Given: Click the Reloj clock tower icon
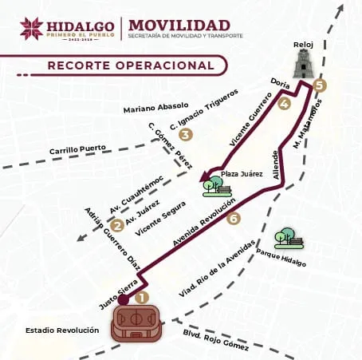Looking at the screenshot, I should click(303, 63).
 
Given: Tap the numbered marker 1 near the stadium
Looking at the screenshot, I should click(142, 297).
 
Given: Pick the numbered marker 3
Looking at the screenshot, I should click(186, 135).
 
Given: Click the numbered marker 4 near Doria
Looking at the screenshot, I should click(285, 103).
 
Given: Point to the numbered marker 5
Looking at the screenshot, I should click(320, 85).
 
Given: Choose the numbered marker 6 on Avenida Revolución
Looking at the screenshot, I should click(233, 218).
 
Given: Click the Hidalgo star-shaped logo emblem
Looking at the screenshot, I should click(34, 28).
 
